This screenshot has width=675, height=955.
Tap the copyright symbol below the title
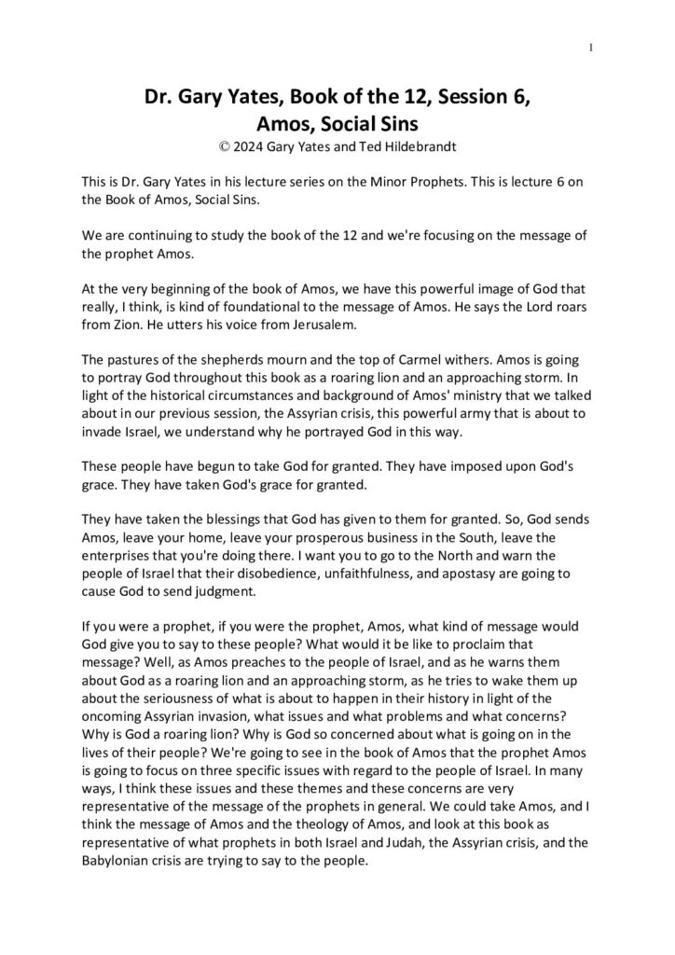tap(220, 145)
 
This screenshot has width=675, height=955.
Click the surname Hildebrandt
tap(414, 145)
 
